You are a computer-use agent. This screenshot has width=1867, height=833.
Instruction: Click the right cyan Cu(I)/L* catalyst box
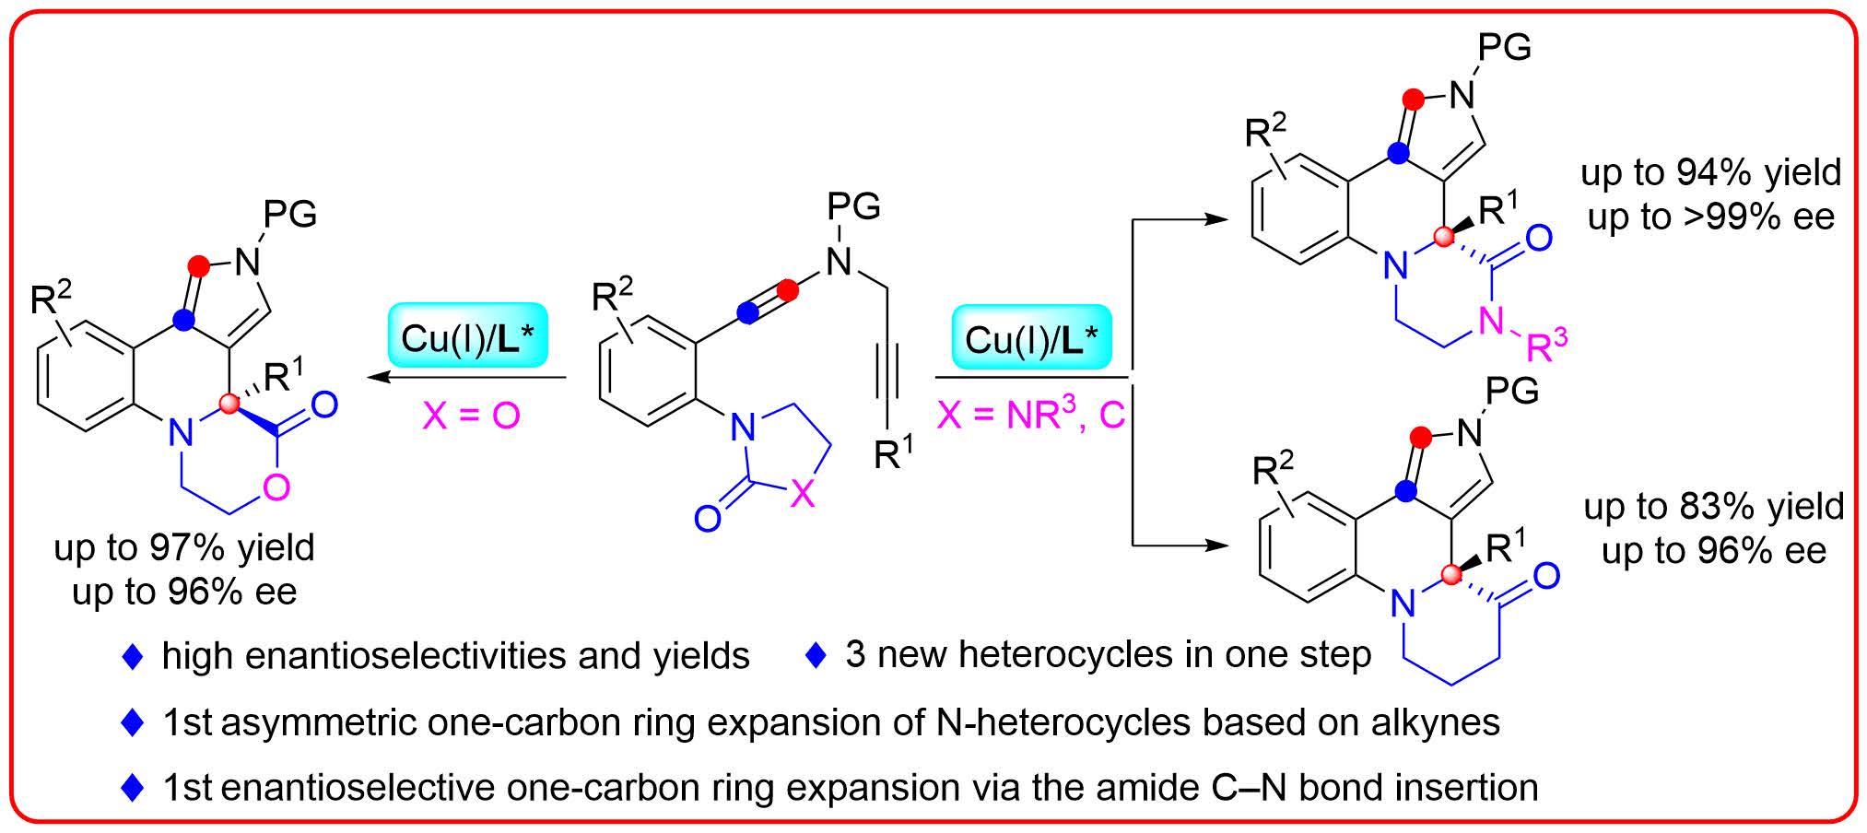point(1031,338)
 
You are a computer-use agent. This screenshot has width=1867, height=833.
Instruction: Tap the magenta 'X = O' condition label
point(471,416)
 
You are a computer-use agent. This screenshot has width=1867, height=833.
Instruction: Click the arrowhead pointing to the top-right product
point(1216,219)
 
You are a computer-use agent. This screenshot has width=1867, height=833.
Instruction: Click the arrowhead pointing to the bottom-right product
point(1216,546)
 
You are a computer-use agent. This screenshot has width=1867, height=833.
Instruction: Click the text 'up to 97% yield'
point(184,548)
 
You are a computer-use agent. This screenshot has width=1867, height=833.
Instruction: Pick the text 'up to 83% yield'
point(1713,507)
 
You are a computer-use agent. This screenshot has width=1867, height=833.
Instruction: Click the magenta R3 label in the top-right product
point(1546,345)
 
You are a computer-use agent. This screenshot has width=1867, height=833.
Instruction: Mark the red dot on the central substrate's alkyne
point(788,291)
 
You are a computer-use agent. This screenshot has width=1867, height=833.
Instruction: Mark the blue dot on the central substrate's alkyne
point(749,313)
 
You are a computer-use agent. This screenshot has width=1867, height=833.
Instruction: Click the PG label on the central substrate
point(854,206)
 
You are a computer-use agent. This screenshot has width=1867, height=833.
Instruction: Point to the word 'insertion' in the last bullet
point(1460,788)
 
